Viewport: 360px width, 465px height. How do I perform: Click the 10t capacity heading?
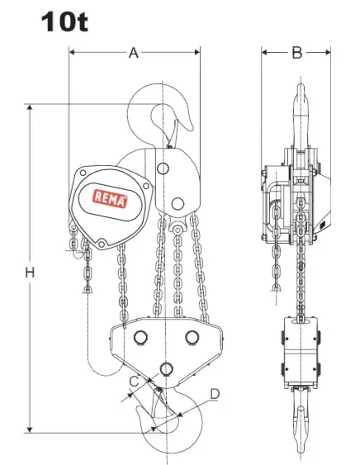(64, 21)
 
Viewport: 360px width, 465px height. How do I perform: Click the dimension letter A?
(134, 53)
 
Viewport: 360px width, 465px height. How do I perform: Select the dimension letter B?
(297, 53)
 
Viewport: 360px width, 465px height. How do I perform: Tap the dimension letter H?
(30, 273)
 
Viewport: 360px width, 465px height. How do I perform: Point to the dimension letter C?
(135, 382)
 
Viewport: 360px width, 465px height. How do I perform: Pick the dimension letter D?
(215, 394)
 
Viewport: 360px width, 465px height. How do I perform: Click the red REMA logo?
(110, 199)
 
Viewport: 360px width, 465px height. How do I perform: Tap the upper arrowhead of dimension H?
(30, 107)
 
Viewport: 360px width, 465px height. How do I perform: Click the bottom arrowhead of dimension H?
(30, 429)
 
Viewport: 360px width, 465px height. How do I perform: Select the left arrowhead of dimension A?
(72, 53)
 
